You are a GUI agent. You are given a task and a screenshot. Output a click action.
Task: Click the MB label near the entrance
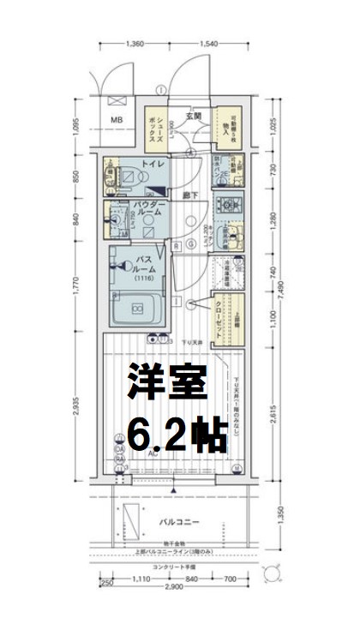(116, 120)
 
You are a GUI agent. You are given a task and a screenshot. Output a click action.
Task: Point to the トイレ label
(153, 164)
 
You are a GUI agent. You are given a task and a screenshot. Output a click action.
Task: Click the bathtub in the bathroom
(138, 308)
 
